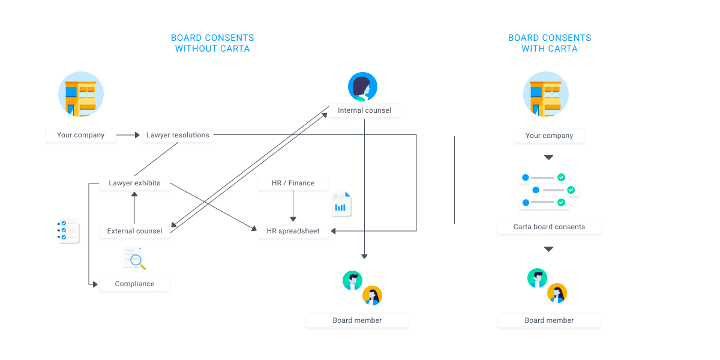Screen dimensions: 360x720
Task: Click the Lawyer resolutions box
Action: tap(178, 135)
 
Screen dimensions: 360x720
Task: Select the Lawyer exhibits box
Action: tap(134, 183)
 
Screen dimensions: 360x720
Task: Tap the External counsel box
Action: tap(134, 231)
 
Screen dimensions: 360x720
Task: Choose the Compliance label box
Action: tap(134, 284)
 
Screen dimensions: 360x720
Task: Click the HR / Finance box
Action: tap(293, 183)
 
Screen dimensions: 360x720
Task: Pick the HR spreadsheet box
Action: tap(293, 231)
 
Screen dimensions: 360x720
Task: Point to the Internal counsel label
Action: tap(364, 110)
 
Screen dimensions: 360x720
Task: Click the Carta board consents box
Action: tap(549, 227)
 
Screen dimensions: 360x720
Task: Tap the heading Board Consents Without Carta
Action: tap(212, 43)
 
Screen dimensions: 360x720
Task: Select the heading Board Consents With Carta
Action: tap(550, 43)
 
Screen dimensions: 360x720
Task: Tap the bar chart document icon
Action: tap(341, 204)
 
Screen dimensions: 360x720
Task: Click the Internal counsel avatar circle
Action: tap(363, 87)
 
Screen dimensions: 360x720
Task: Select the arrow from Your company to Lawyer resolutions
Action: tap(128, 135)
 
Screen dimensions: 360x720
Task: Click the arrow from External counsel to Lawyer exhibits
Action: tap(134, 207)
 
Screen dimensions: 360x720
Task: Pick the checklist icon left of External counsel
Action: tap(68, 230)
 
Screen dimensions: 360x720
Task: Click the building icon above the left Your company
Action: tap(81, 94)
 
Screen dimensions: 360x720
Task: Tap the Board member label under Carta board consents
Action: tap(549, 320)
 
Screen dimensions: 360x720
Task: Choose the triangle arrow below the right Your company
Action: tap(548, 157)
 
